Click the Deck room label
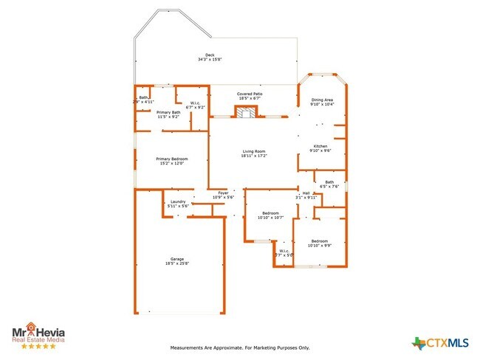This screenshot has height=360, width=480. [x=210, y=55]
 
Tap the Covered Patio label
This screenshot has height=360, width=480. [x=250, y=94]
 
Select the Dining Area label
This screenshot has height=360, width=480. [x=322, y=100]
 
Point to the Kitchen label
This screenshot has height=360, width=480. [x=320, y=146]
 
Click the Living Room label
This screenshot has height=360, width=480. [x=253, y=152]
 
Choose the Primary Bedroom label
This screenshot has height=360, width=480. [x=171, y=159]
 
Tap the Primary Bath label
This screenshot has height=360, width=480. [x=168, y=112]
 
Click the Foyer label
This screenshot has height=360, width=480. [x=223, y=193]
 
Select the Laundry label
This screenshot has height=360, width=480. [x=178, y=201]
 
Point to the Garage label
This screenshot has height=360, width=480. [x=177, y=259]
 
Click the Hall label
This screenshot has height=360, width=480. [x=306, y=193]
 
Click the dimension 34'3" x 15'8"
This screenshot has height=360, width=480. [x=210, y=60]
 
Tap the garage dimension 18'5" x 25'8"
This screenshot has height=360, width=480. [x=177, y=263]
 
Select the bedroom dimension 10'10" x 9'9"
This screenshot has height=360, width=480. [x=319, y=246]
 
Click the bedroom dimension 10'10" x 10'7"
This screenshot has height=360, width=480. [x=270, y=218]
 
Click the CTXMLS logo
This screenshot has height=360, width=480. [x=441, y=342]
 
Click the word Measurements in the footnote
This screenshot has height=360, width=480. [x=188, y=347]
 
